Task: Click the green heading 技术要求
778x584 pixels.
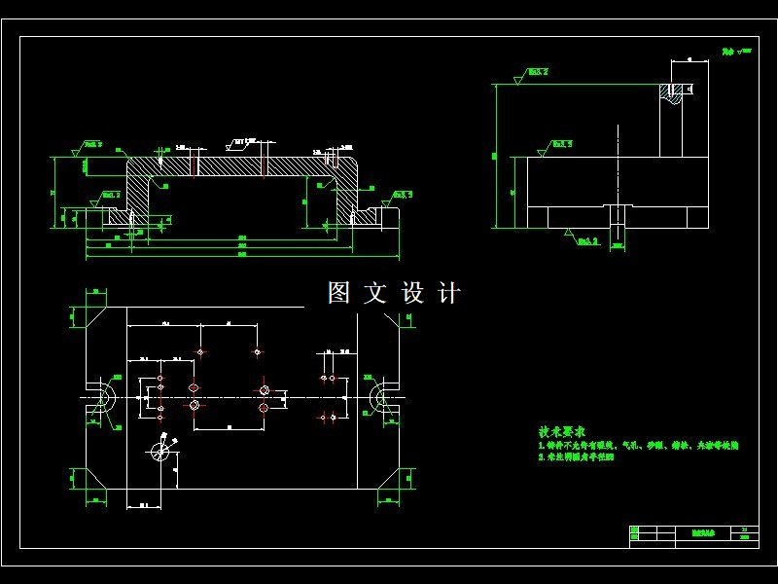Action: (x=562, y=430)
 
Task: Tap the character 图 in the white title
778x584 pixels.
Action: (x=338, y=293)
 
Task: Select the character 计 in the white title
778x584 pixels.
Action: (x=449, y=293)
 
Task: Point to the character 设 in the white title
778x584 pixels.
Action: (x=413, y=293)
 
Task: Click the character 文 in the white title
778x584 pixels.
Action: (x=375, y=293)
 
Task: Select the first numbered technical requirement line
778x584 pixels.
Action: (x=638, y=444)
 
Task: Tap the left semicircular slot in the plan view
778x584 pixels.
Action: (x=103, y=398)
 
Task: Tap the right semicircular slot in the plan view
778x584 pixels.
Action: (x=380, y=398)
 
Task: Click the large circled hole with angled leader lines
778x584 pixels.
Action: (x=161, y=450)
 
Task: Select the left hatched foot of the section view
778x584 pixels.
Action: (x=118, y=217)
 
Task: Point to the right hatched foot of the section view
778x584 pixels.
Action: (x=364, y=216)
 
